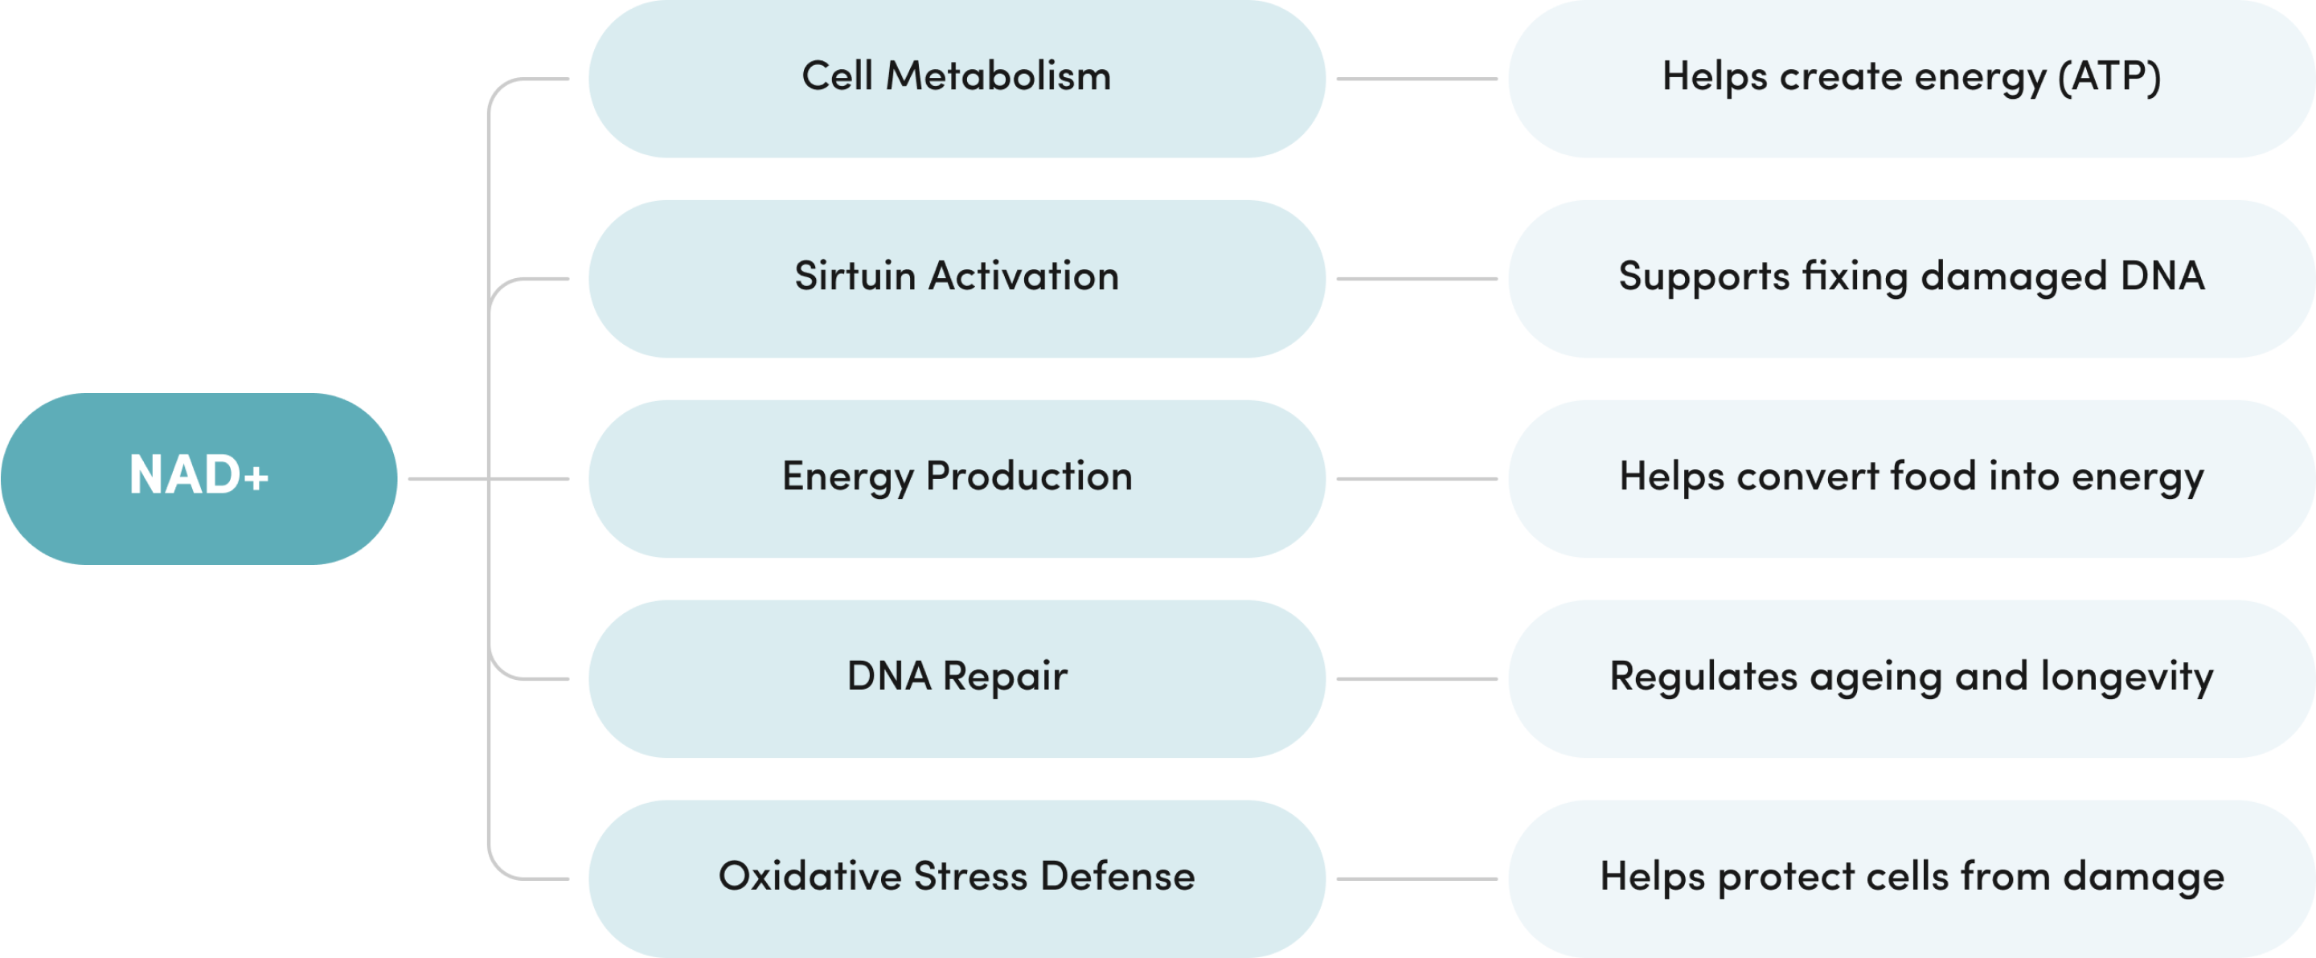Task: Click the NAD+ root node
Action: [199, 478]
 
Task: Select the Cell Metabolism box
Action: [957, 78]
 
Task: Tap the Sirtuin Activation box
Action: [957, 279]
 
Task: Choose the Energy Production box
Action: [957, 478]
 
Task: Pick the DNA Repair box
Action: [957, 678]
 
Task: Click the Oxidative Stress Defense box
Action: [957, 878]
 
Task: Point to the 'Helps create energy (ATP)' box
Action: [1912, 78]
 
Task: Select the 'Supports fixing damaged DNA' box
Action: [1912, 279]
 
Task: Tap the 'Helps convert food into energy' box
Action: [1912, 478]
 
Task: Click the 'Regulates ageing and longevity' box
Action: [1912, 678]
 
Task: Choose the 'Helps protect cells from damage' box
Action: [1912, 878]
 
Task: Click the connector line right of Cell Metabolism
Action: [1417, 79]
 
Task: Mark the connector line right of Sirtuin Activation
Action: [1417, 279]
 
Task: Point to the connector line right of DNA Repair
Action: [1417, 678]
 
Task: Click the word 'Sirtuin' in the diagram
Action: [855, 276]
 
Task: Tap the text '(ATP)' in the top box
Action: [2109, 77]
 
